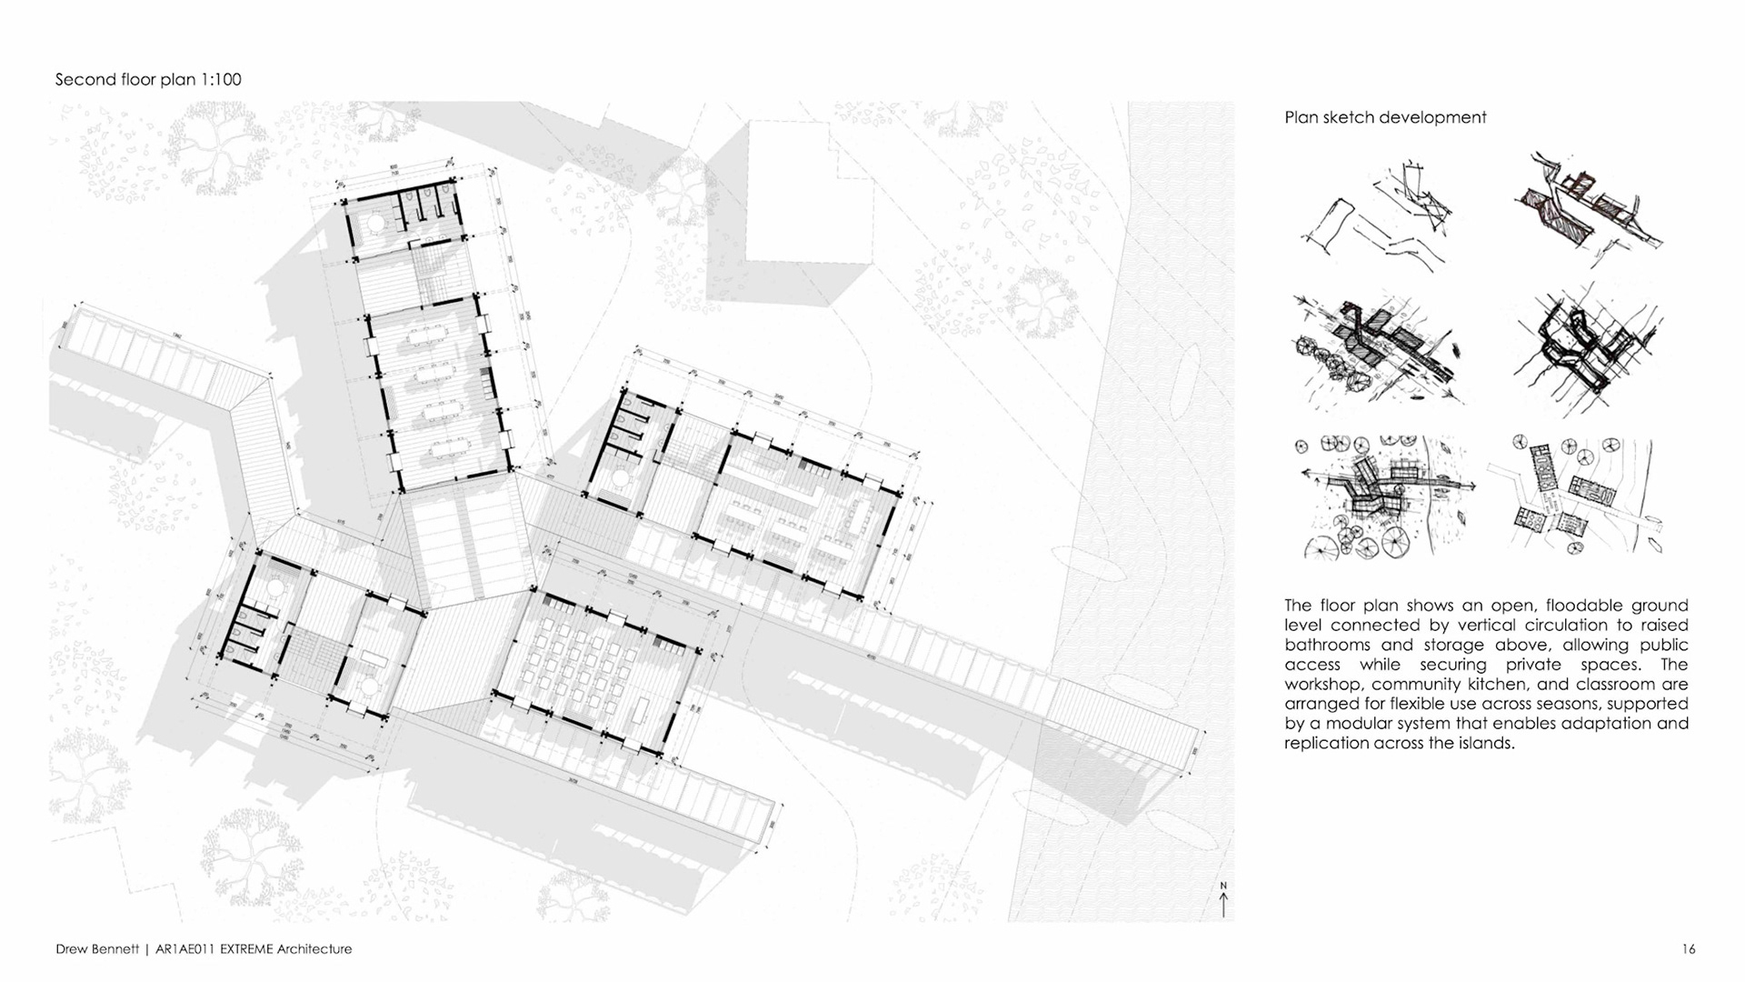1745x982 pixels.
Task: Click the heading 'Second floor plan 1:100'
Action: pyautogui.click(x=148, y=80)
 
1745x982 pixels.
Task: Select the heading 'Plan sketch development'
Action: pyautogui.click(x=1385, y=117)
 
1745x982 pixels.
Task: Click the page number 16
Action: pyautogui.click(x=1688, y=949)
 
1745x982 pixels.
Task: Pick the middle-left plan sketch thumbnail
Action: pyautogui.click(x=1379, y=349)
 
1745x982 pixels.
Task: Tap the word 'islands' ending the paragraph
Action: pyautogui.click(x=1487, y=744)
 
